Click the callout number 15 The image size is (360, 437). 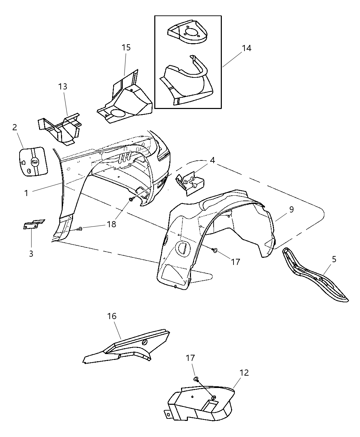point(126,47)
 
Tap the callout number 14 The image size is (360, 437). point(246,48)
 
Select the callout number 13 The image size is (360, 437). point(62,86)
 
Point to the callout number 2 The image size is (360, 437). point(14,128)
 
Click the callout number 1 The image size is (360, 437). point(26,193)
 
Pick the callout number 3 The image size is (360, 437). point(31,254)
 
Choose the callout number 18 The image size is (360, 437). point(111,224)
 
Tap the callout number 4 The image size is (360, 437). point(213,160)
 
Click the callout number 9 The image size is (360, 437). point(291,209)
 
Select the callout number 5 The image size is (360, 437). point(334,259)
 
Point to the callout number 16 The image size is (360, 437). point(112,316)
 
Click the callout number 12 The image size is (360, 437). point(244,373)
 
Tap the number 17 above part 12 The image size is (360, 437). point(190,358)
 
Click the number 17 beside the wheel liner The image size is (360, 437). point(235,262)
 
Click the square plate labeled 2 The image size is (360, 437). point(33,161)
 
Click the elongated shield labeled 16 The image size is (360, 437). point(127,347)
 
